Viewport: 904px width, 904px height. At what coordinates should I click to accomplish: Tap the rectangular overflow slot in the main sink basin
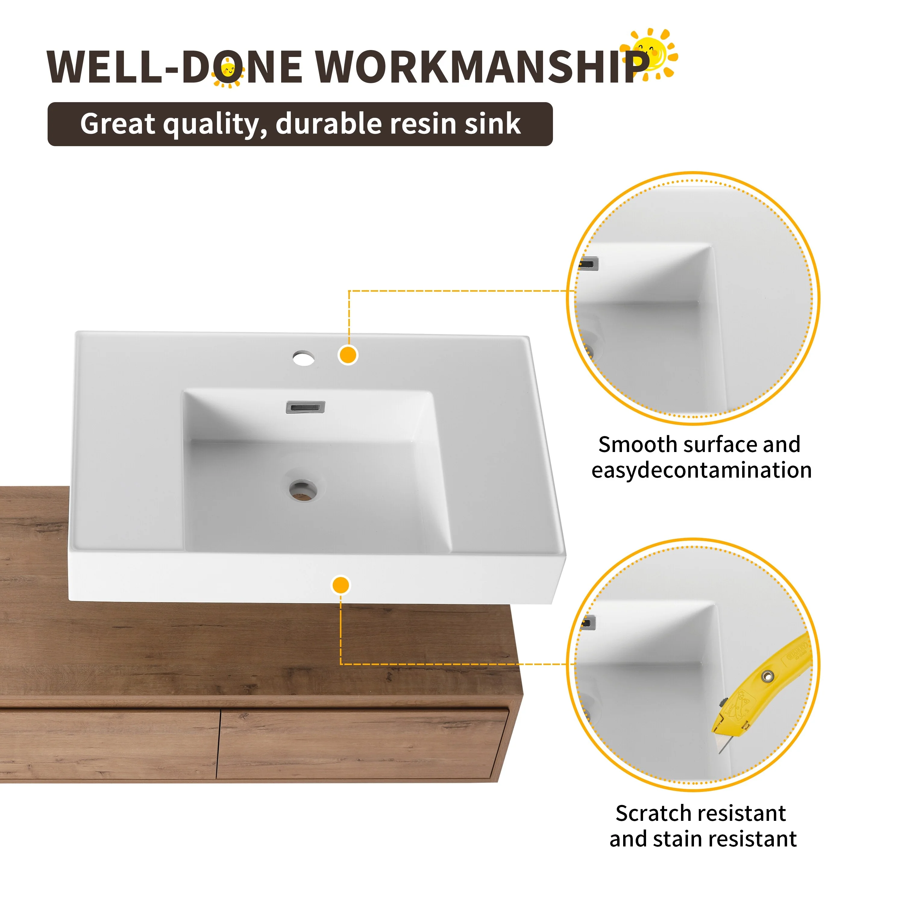305,407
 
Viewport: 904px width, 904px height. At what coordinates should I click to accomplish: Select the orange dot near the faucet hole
348,355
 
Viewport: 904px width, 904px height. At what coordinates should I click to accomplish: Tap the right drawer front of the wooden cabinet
363,744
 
